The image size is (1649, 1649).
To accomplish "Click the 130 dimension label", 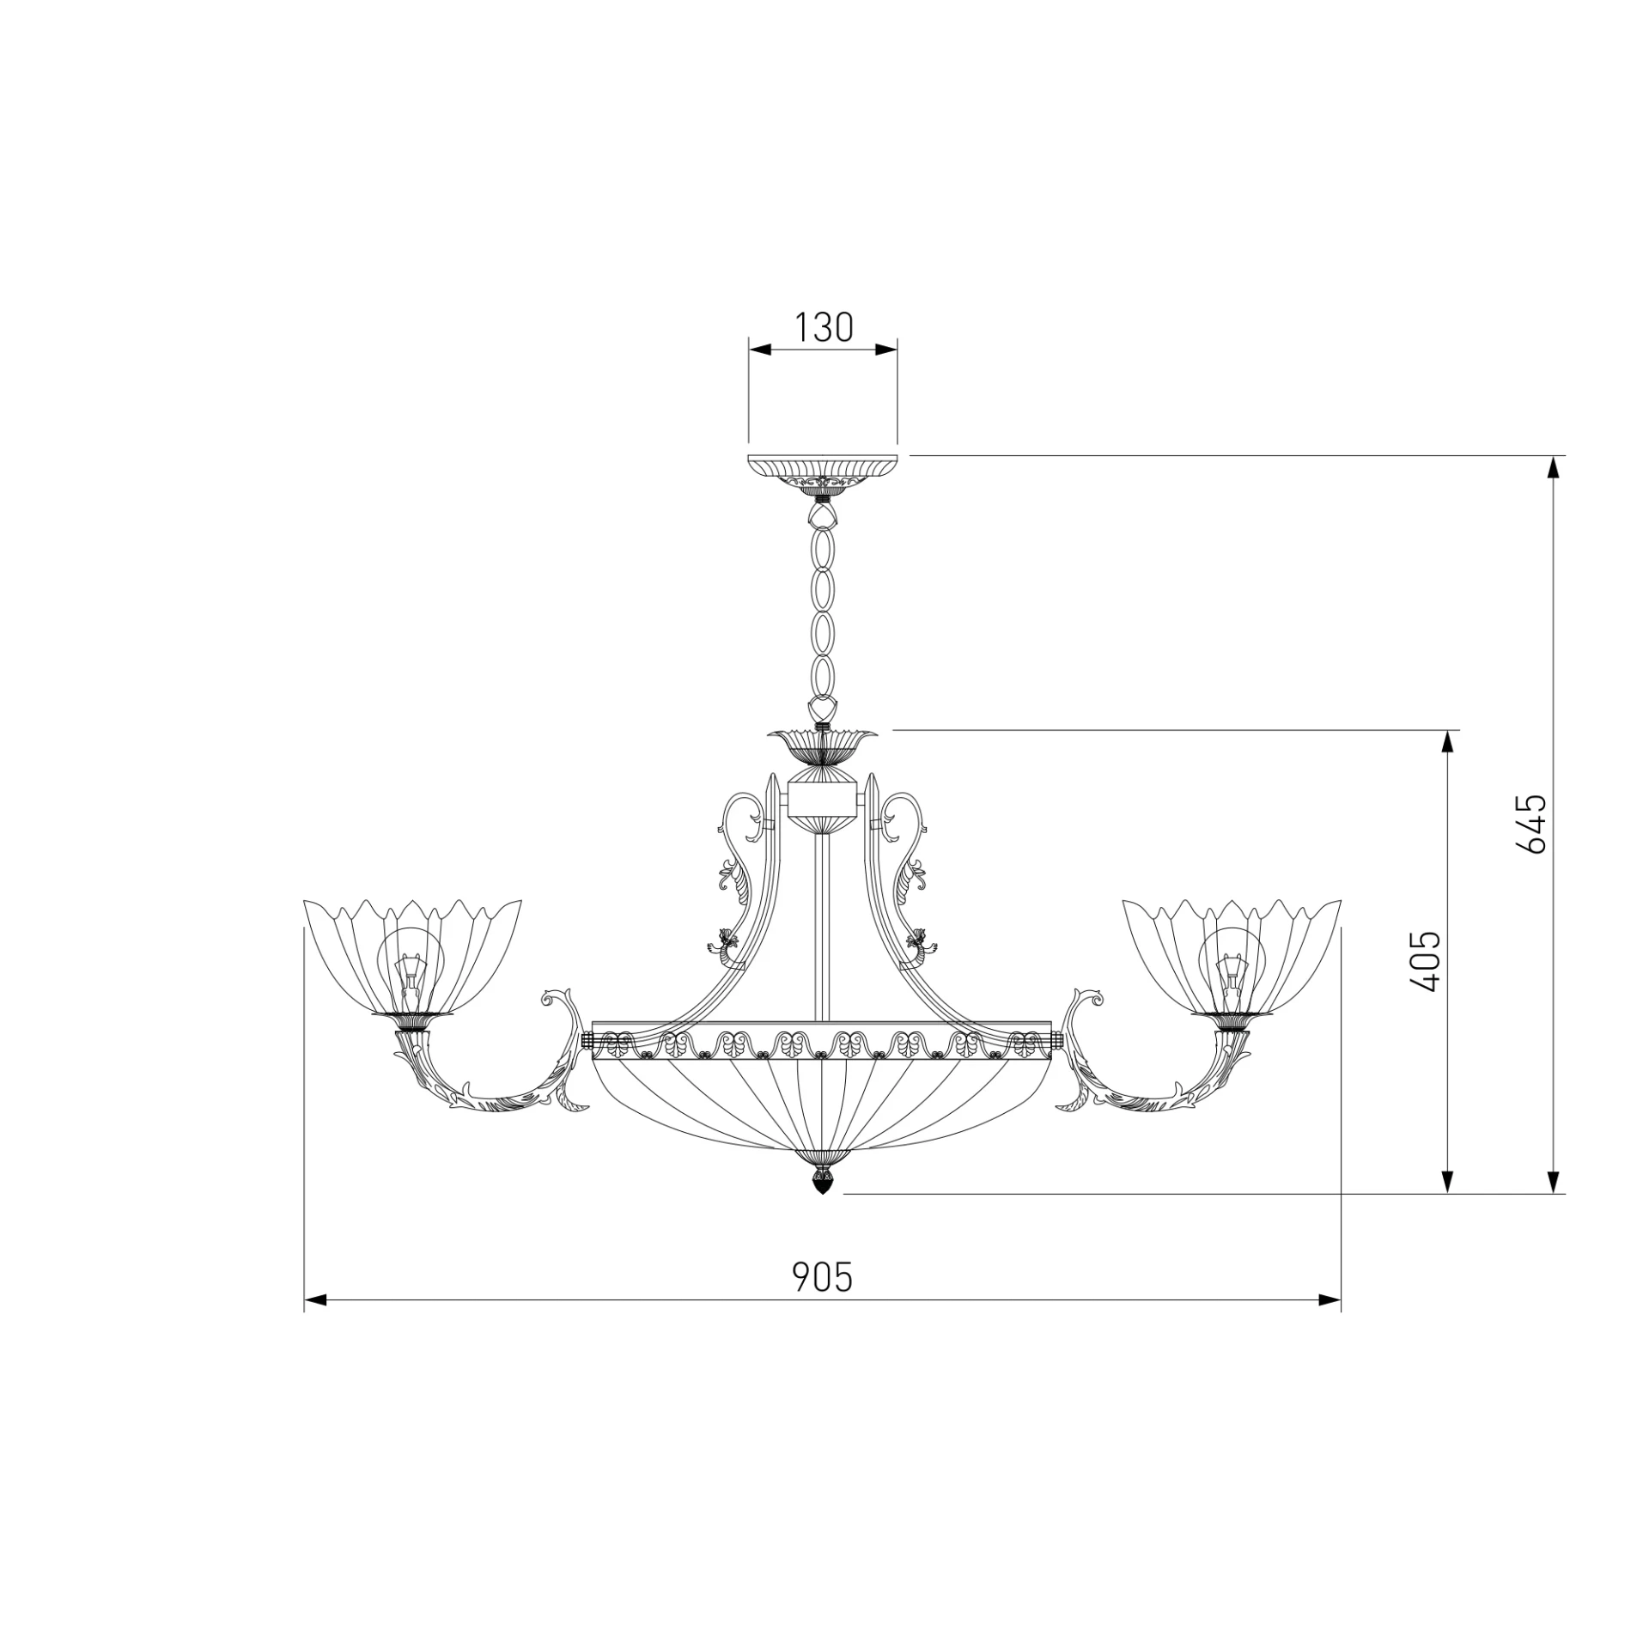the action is pyautogui.click(x=823, y=327).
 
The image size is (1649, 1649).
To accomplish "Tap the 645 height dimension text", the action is pyautogui.click(x=1530, y=824).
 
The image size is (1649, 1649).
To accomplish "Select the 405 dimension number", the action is pyautogui.click(x=1426, y=961).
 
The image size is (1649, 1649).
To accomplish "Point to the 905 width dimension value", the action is pyautogui.click(x=822, y=1277).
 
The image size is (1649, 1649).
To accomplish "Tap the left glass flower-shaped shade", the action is pyautogui.click(x=412, y=957).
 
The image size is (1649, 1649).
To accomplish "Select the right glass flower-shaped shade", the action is pyautogui.click(x=1232, y=957).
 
